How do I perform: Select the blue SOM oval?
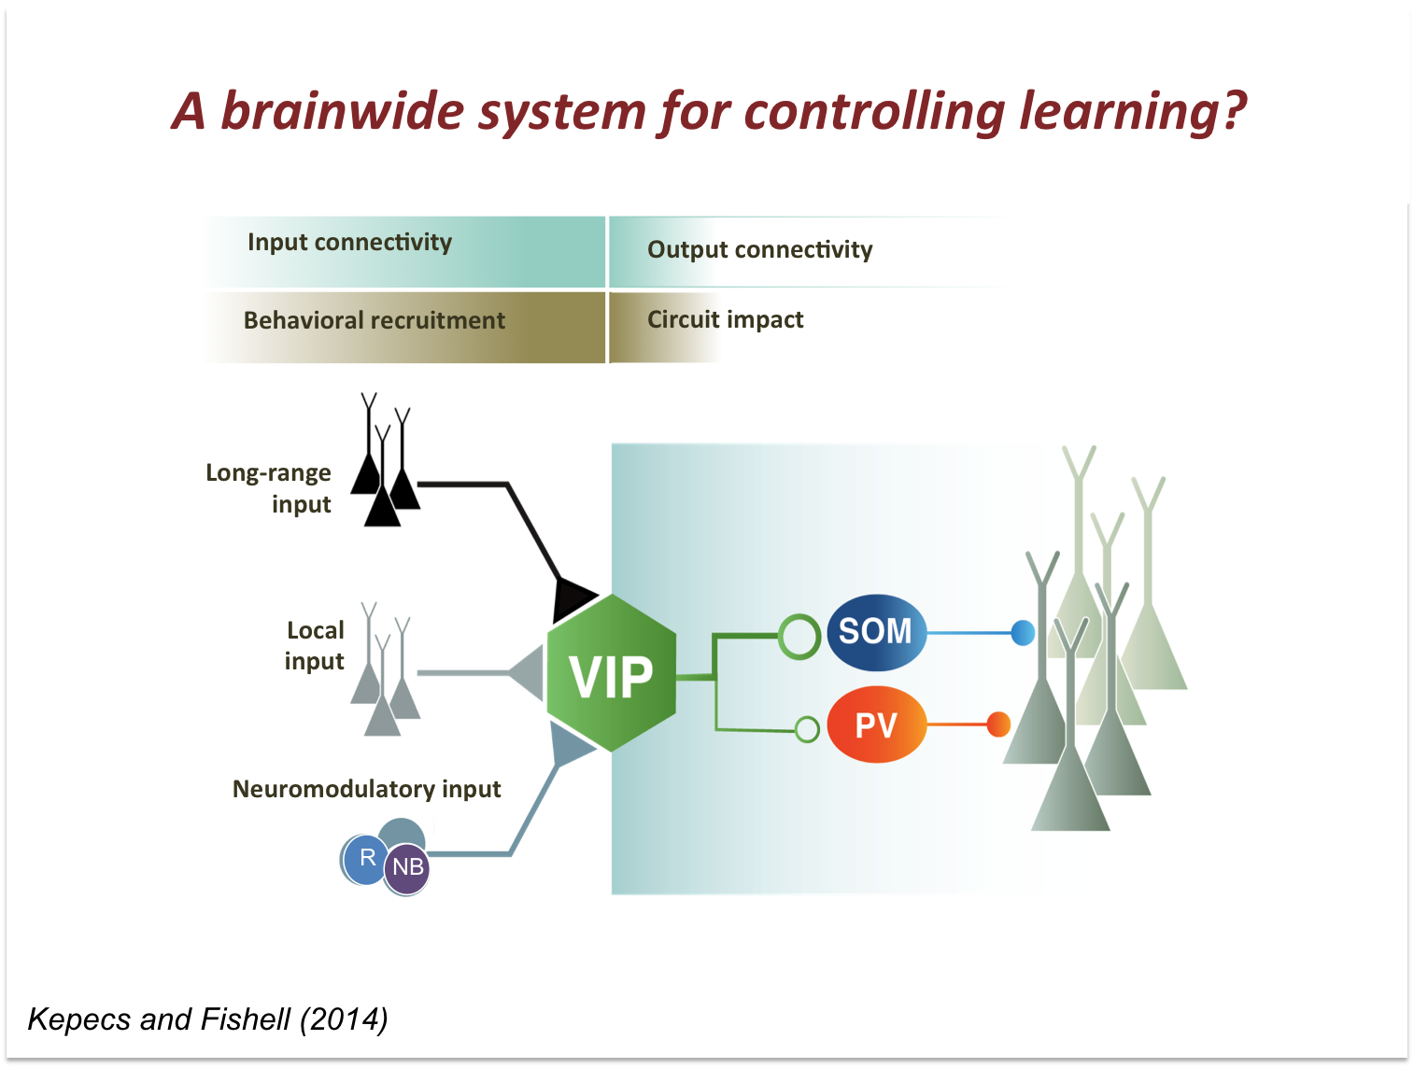(x=876, y=632)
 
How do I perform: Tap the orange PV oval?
(x=876, y=725)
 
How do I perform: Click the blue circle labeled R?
(x=365, y=859)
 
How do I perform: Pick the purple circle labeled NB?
(x=408, y=868)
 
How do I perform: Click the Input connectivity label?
(x=349, y=243)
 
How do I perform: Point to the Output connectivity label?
(x=759, y=250)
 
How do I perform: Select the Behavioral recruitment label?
(x=374, y=321)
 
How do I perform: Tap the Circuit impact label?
(x=725, y=320)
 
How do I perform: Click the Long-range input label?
(x=270, y=488)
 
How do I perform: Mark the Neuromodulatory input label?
(x=366, y=790)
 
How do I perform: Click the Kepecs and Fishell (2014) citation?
(x=207, y=1019)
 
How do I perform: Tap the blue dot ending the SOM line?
(x=1024, y=633)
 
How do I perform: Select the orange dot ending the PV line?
(x=998, y=724)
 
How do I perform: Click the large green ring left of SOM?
(x=799, y=636)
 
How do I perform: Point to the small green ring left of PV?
(x=808, y=728)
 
